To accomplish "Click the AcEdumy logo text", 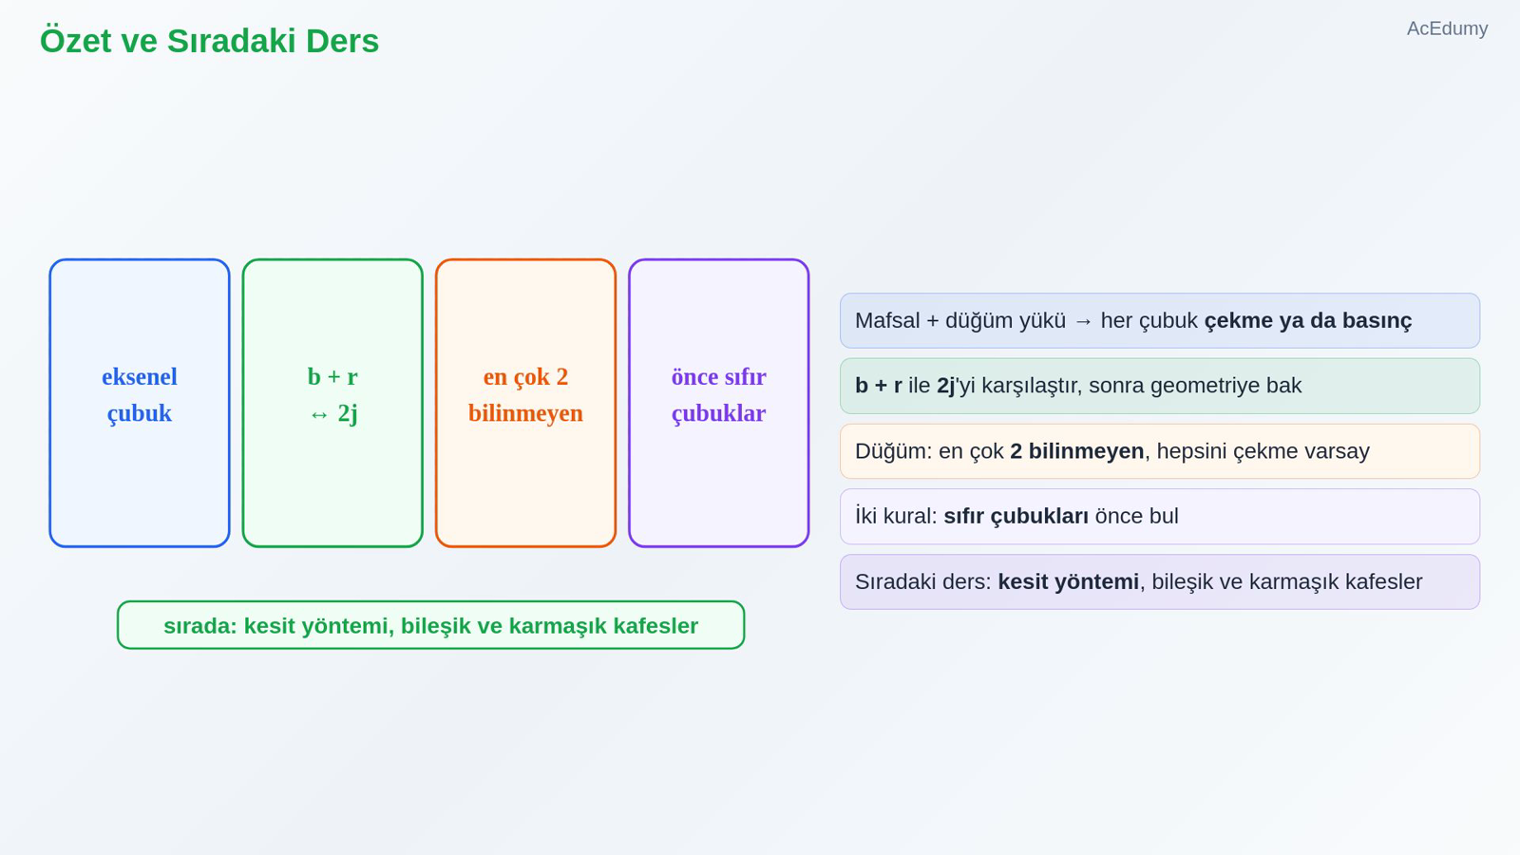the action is pyautogui.click(x=1447, y=28).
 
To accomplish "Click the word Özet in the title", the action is pyautogui.click(x=75, y=41).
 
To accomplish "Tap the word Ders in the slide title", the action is pyautogui.click(x=342, y=41).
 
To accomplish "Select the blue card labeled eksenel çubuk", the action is pyautogui.click(x=140, y=403).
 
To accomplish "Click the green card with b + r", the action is pyautogui.click(x=332, y=403).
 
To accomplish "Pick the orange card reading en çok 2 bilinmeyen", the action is pyautogui.click(x=526, y=403).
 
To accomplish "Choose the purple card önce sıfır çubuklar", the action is pyautogui.click(x=718, y=403).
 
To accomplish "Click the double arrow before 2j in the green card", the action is pyautogui.click(x=319, y=414).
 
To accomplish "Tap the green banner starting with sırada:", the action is pyautogui.click(x=431, y=625).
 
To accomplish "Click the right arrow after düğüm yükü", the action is pyautogui.click(x=1084, y=321).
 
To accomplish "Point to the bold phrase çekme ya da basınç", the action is pyautogui.click(x=1308, y=321).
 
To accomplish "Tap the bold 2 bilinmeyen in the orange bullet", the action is pyautogui.click(x=1077, y=451).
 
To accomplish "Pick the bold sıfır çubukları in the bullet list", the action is pyautogui.click(x=1016, y=517).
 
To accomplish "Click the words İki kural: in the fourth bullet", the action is pyautogui.click(x=896, y=516).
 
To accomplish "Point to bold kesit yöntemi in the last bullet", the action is pyautogui.click(x=1068, y=582).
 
